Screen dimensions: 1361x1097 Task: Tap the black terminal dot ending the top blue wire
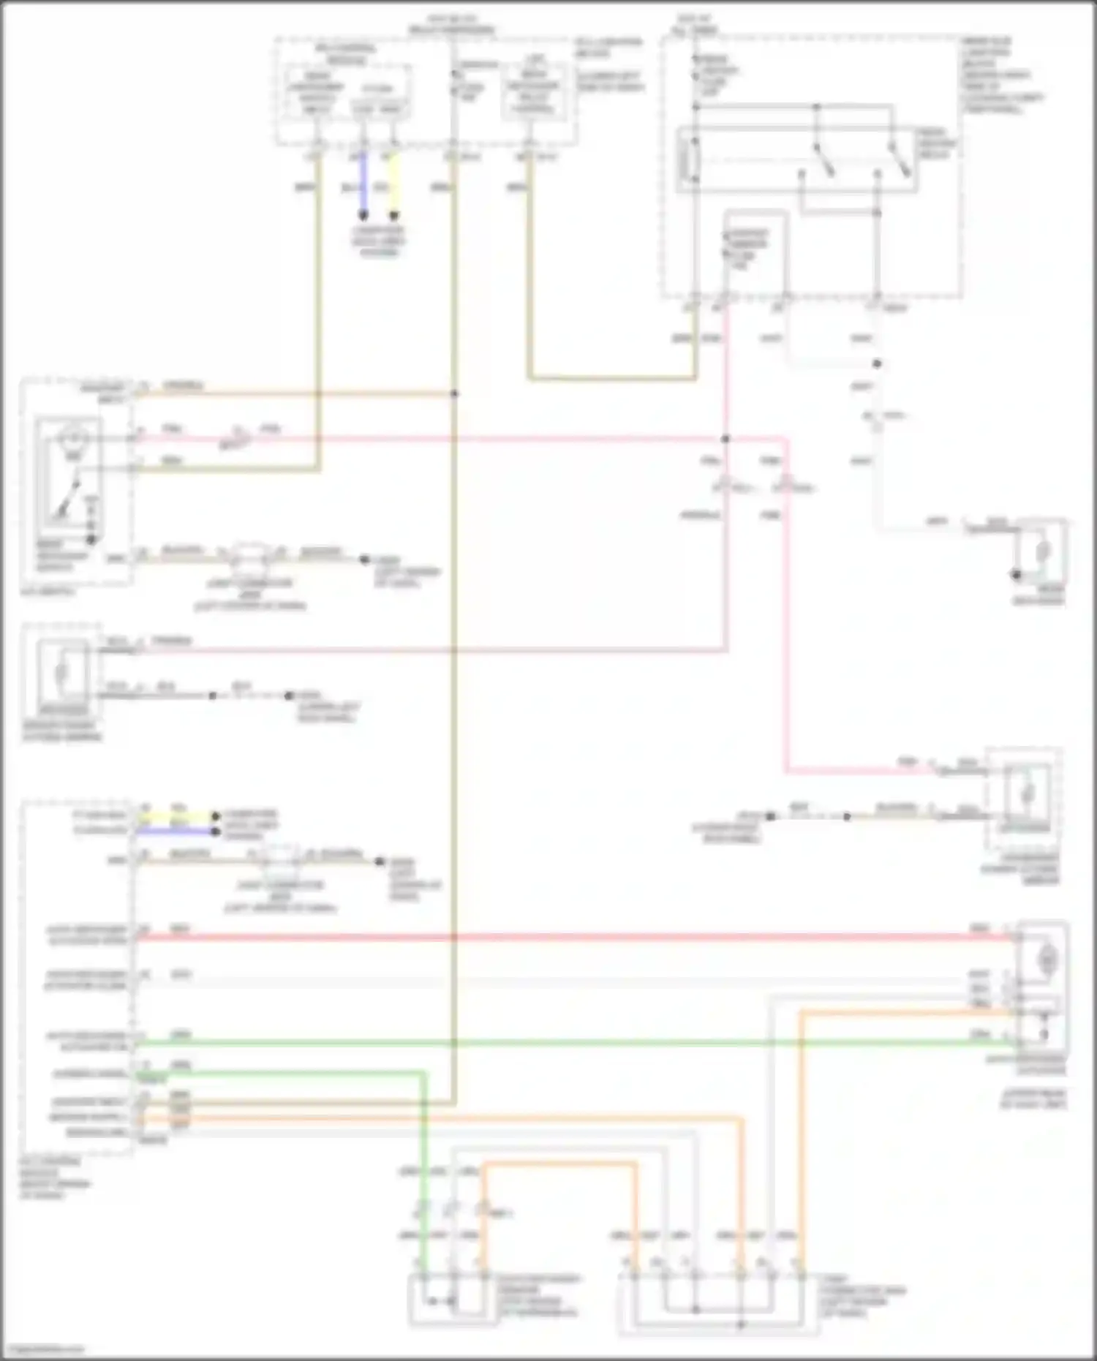[x=363, y=216]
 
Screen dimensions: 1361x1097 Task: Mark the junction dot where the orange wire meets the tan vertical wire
[x=454, y=394]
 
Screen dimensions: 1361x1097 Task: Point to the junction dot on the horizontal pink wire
[x=725, y=439]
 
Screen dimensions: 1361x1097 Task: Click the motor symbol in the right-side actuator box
[x=1048, y=957]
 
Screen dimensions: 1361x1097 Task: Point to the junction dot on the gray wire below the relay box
[x=877, y=363]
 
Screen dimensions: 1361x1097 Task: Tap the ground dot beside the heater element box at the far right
[x=1016, y=575]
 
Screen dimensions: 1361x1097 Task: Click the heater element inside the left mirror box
[x=63, y=671]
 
